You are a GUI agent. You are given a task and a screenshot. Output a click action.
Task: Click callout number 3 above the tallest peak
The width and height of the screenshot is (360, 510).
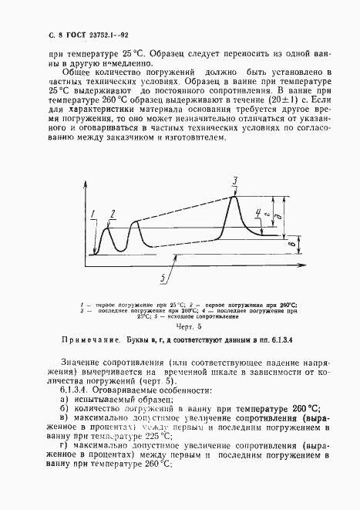click(235, 181)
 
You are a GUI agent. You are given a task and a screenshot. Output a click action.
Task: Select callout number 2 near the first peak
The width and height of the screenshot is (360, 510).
click(113, 213)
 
